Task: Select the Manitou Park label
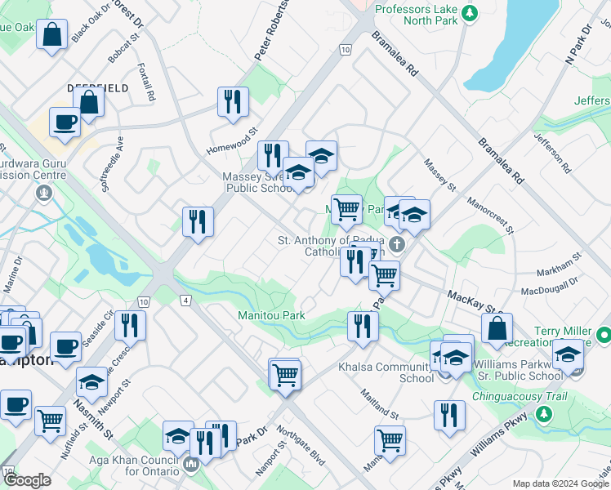click(x=271, y=315)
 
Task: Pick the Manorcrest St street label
click(x=489, y=214)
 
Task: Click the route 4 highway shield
click(x=186, y=301)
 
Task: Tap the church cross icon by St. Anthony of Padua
click(x=396, y=244)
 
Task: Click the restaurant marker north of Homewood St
click(x=234, y=101)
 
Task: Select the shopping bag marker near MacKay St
click(x=496, y=328)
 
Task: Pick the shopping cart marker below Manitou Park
click(x=285, y=376)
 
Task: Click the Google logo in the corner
click(x=27, y=480)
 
